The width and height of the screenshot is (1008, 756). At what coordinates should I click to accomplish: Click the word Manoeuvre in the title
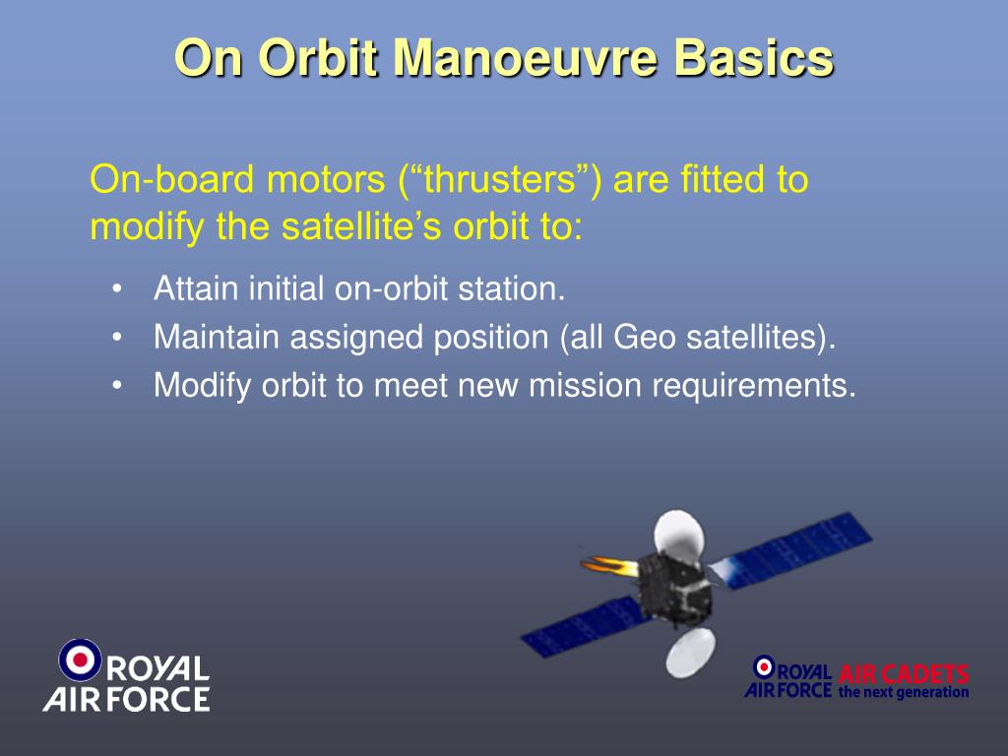click(x=526, y=58)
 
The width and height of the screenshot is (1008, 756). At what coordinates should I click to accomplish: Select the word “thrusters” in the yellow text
click(x=500, y=179)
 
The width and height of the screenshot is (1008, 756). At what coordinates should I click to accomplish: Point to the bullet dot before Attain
click(x=116, y=288)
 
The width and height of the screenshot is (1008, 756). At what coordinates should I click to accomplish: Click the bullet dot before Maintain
click(x=116, y=337)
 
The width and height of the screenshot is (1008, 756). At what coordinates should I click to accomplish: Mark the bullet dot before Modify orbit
click(x=116, y=386)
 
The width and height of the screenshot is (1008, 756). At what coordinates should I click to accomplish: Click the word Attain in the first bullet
click(x=196, y=288)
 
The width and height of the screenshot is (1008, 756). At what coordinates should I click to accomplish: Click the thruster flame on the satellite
click(x=609, y=566)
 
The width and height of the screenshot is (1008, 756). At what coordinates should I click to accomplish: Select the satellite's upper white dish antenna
click(x=679, y=535)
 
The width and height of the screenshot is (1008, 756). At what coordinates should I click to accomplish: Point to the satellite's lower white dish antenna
click(x=690, y=653)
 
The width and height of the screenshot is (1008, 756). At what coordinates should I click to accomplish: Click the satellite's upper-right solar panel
click(x=790, y=549)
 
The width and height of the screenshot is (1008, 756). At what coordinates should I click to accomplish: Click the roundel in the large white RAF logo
click(x=80, y=660)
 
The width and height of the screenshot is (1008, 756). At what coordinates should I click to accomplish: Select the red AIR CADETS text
click(x=904, y=674)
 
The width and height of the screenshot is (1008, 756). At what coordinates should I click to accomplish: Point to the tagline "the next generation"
click(x=904, y=692)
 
